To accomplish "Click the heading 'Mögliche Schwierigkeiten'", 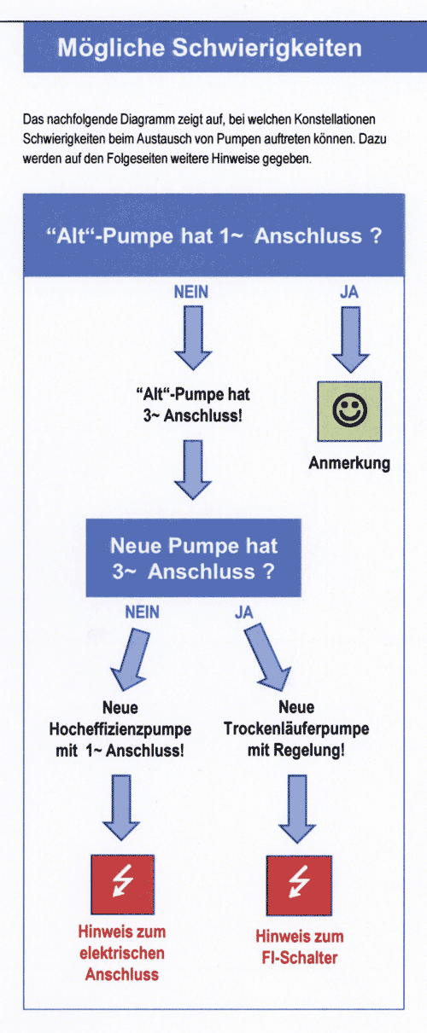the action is (209, 48).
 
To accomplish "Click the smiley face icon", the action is (349, 410).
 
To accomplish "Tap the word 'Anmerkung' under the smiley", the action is (349, 462).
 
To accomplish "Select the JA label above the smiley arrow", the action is (349, 292).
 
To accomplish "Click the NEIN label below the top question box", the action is (190, 292).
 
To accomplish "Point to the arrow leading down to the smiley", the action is (351, 339).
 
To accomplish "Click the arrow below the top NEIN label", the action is (193, 338).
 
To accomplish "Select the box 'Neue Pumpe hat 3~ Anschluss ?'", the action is (193, 558).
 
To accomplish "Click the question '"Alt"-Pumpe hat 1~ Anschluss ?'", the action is (213, 235).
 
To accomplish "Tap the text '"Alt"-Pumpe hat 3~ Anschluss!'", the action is (193, 405).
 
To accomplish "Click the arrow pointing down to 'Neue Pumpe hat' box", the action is (193, 470).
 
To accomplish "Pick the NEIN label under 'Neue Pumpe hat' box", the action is (142, 612).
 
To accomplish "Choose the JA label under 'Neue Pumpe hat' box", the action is (243, 612).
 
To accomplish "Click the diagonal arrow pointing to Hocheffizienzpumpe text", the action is (130, 659).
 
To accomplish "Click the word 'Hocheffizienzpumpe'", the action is (120, 729).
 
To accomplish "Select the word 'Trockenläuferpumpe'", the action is (296, 728).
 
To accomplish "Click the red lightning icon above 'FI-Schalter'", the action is (299, 885).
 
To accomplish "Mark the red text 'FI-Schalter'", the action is (300, 957).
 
